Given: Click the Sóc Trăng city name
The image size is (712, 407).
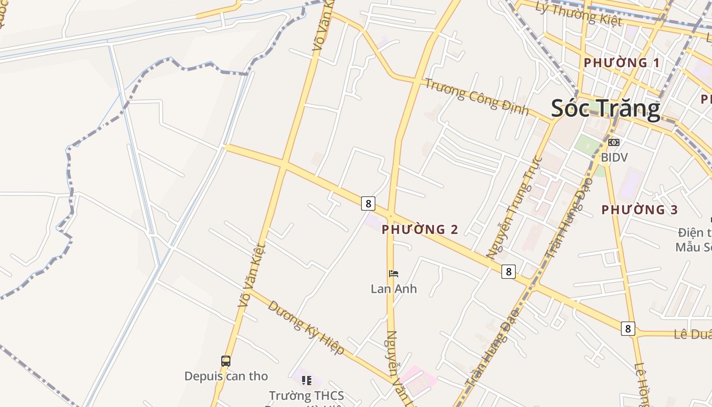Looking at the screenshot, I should (x=605, y=108).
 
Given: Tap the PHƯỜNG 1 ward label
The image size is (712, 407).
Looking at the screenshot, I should (x=621, y=63).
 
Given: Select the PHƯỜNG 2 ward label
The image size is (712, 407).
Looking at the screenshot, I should (x=420, y=229).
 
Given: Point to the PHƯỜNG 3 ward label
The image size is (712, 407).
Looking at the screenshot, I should (x=640, y=210).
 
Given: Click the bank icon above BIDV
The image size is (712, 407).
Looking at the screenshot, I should (x=614, y=142).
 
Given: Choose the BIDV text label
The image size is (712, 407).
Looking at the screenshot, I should (x=614, y=157).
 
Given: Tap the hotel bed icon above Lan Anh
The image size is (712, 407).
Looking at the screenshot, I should (x=394, y=274).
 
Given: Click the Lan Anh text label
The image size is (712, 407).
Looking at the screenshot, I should (x=394, y=289).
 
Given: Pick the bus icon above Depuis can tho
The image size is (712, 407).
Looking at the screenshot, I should (x=226, y=361).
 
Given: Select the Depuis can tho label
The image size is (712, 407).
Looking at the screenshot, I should (x=226, y=376).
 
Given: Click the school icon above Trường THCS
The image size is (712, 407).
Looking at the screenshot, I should (x=306, y=381).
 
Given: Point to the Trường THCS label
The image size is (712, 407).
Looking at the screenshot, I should (x=306, y=395).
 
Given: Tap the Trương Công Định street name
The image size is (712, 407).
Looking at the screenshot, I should (x=477, y=97).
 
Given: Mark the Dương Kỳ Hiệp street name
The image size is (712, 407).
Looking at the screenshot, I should (x=306, y=328).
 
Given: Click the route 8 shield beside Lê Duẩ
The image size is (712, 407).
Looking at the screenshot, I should (x=628, y=329).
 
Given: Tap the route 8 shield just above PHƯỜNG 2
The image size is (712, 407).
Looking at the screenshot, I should (x=368, y=203).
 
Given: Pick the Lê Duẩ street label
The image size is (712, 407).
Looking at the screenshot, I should (x=692, y=334).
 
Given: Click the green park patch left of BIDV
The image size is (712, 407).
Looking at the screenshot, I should (x=587, y=144).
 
